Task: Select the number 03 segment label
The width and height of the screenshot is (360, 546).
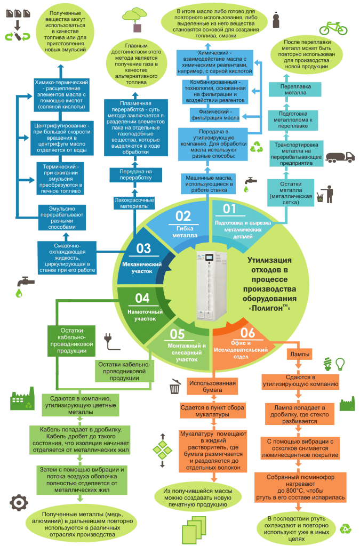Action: click(x=144, y=248)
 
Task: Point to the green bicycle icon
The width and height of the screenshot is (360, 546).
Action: click(x=333, y=27)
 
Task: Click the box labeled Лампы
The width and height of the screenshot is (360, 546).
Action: click(x=300, y=354)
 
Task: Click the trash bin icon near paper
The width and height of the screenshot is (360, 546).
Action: click(x=174, y=387)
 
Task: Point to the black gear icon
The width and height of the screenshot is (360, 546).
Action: click(x=19, y=502)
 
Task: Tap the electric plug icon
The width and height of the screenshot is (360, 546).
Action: click(x=107, y=339)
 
